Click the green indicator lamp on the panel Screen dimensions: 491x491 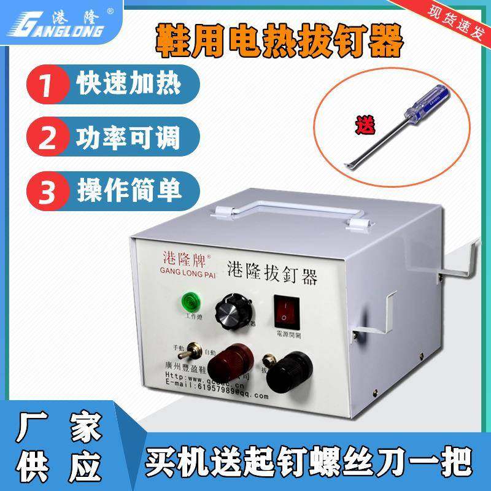point(187,303)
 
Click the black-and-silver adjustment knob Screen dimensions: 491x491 point(231,312)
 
